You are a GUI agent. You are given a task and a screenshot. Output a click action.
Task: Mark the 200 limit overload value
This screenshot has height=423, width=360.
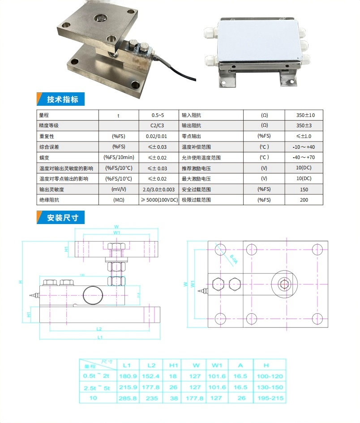(304, 200)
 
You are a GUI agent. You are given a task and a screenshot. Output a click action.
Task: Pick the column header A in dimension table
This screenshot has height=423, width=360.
(240, 365)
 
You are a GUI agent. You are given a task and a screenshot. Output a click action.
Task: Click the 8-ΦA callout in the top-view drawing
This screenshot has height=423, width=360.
(233, 259)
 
